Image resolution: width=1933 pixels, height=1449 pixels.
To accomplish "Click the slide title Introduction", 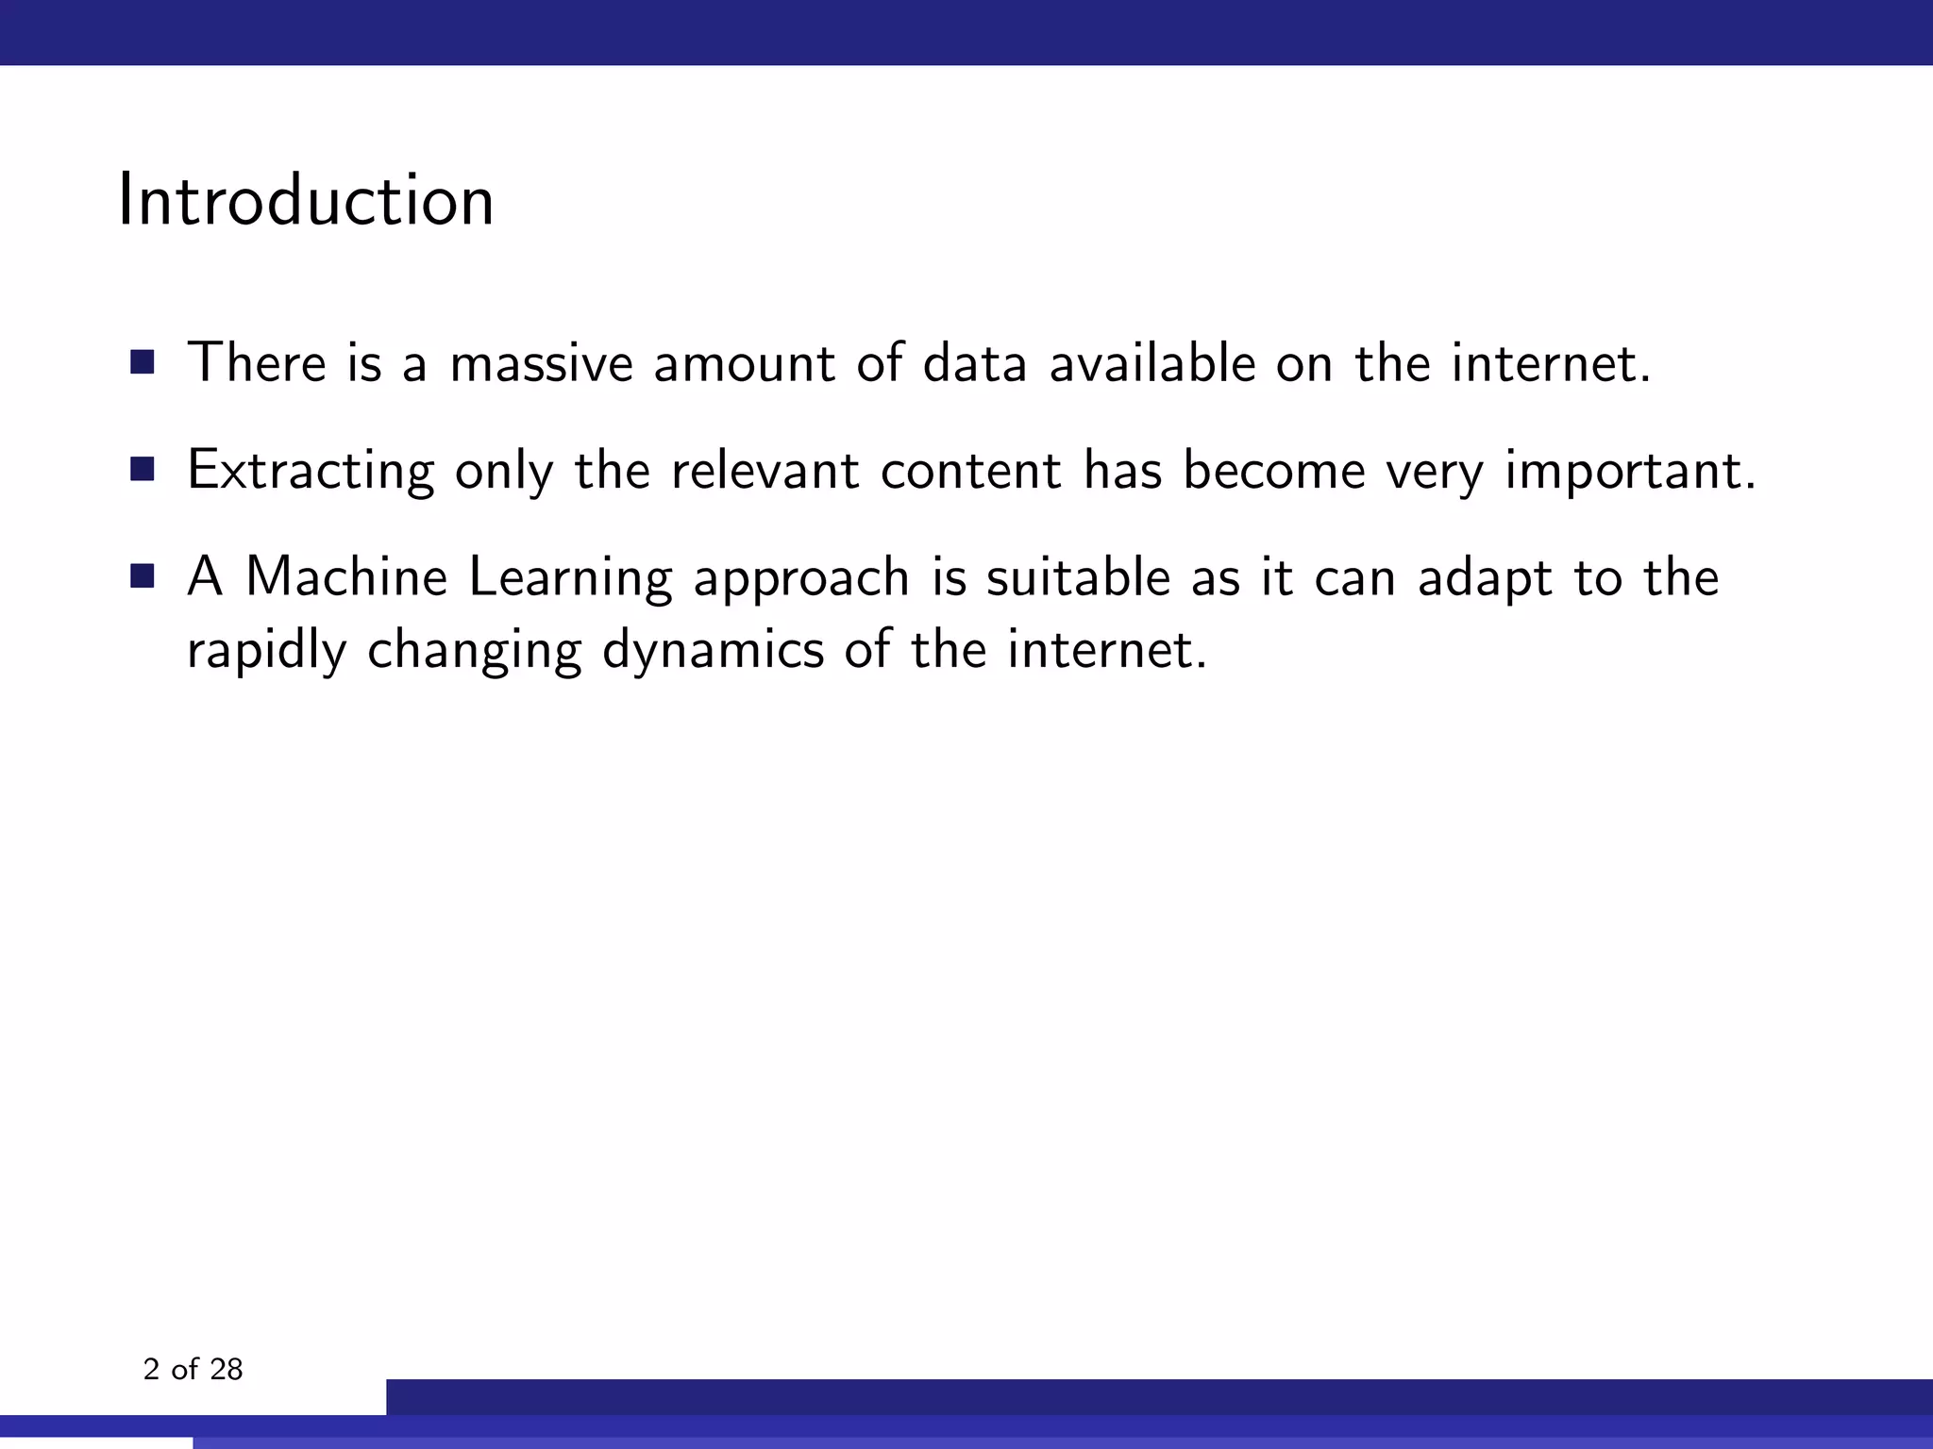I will tap(306, 201).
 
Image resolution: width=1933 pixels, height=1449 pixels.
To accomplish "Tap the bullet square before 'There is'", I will tap(143, 362).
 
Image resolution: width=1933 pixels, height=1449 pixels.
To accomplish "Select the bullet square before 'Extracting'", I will tap(143, 470).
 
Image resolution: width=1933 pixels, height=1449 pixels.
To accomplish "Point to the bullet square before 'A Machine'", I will tap(143, 576).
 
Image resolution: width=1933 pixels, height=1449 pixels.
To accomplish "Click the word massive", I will tap(541, 363).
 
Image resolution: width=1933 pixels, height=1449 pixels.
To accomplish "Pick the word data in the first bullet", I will tap(974, 363).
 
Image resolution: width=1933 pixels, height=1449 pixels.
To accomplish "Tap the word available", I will tap(1152, 363).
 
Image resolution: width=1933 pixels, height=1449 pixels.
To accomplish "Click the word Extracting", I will tap(311, 471).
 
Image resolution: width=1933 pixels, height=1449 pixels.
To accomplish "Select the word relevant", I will tap(765, 471).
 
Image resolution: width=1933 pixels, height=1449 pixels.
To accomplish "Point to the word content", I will tap(971, 471).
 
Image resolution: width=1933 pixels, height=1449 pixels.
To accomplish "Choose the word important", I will tap(1629, 471).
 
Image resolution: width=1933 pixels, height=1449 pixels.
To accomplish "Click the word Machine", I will tap(346, 577).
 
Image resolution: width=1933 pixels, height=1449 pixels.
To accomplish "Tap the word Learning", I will tap(570, 579).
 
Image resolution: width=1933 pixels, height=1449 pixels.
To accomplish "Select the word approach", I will tap(801, 579).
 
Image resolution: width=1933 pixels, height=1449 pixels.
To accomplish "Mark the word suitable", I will tap(1078, 577).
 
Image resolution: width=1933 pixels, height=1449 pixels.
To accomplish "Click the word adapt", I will tap(1484, 579).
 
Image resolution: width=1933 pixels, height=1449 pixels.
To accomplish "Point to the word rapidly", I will tap(266, 651).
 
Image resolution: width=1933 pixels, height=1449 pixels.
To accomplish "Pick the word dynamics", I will tap(713, 651).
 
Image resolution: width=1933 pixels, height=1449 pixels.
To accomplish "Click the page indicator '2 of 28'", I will tap(193, 1369).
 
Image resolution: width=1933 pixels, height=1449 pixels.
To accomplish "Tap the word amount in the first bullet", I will tap(744, 363).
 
